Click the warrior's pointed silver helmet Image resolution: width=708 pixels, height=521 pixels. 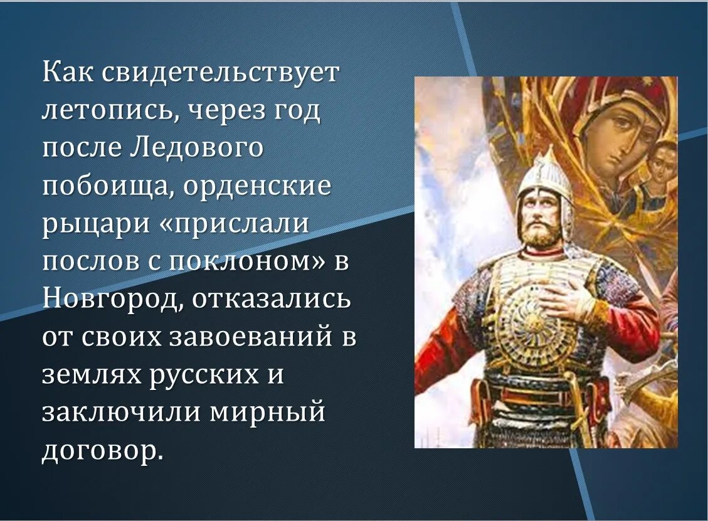pos(544,179)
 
